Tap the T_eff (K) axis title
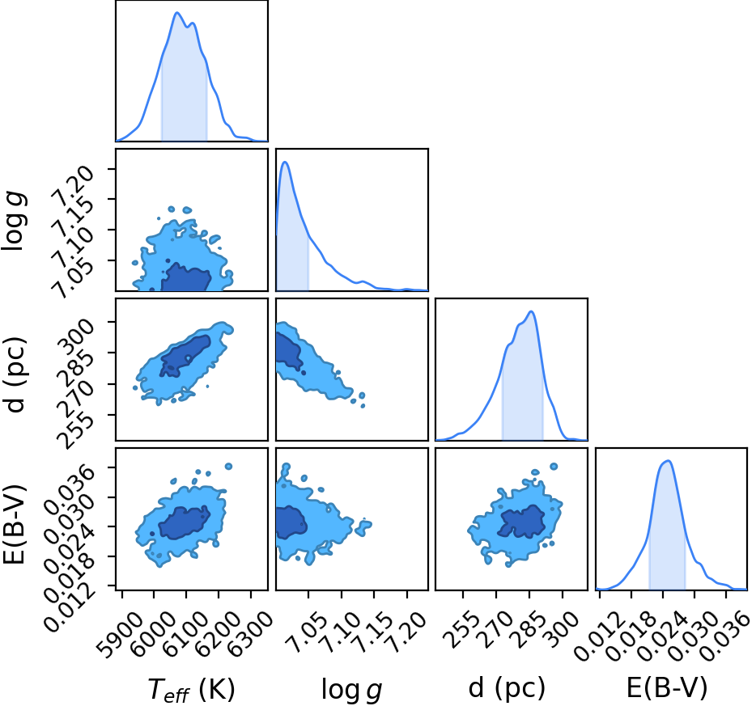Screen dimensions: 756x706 tap(191, 689)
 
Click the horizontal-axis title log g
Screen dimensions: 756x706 tap(351, 690)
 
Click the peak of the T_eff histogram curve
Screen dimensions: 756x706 tap(177, 12)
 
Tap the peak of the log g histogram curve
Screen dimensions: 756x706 tap(285, 162)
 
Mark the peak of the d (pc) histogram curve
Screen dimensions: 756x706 tap(531, 311)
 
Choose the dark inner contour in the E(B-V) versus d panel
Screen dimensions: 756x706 tap(522, 522)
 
